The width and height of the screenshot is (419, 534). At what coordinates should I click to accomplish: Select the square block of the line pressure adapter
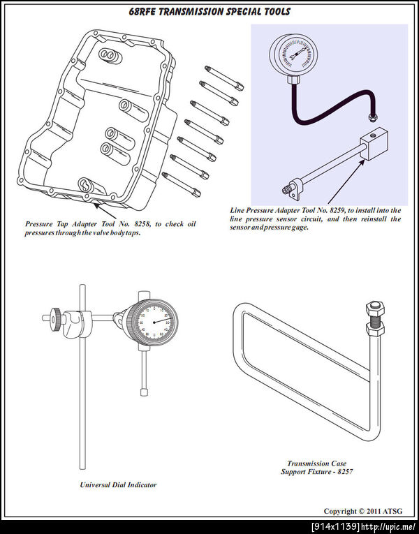click(x=374, y=143)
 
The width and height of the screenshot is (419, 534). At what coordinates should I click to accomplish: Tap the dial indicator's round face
click(x=154, y=322)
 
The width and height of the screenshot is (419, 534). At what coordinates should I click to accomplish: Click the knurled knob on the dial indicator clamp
click(x=57, y=319)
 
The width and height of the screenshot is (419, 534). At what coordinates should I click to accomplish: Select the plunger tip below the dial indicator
click(x=144, y=392)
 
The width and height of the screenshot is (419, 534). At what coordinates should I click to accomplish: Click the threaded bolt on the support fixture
click(x=375, y=318)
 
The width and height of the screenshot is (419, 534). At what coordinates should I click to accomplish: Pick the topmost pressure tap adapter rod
click(x=224, y=78)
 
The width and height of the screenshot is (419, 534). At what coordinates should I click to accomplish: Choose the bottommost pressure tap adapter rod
click(x=182, y=184)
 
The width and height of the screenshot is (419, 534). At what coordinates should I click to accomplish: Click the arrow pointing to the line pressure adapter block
click(x=346, y=181)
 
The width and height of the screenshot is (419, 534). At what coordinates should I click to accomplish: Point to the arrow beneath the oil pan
click(x=105, y=210)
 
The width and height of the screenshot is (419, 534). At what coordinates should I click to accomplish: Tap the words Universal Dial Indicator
click(x=118, y=484)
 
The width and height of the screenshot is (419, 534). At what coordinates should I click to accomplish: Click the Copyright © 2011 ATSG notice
click(x=363, y=511)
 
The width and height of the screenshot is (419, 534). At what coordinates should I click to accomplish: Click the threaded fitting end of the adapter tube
click(x=286, y=190)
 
